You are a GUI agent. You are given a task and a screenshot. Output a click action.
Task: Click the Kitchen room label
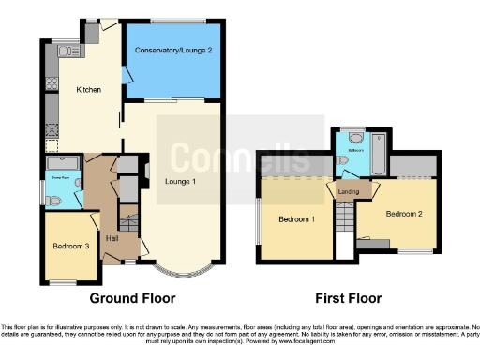click(x=88, y=89)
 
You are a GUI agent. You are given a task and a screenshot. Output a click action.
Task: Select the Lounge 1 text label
click(x=180, y=181)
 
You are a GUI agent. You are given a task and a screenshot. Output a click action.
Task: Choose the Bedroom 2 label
click(x=402, y=213)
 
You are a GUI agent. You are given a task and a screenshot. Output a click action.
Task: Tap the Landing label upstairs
click(x=348, y=194)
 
